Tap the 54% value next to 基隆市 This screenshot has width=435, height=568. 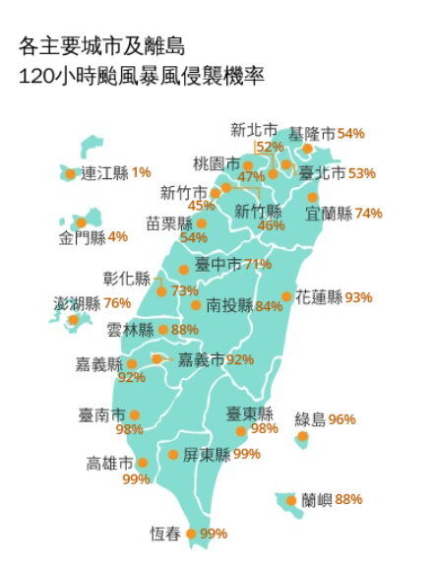(x=351, y=133)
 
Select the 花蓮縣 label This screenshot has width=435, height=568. (x=318, y=296)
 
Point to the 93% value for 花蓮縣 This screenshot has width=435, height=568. (x=358, y=296)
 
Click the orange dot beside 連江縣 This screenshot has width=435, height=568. (x=70, y=174)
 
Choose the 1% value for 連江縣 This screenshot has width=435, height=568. (x=141, y=173)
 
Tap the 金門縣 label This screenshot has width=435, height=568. (x=81, y=237)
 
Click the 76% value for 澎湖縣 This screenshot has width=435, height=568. (x=117, y=303)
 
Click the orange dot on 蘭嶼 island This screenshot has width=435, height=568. (x=291, y=501)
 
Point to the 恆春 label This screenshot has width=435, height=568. (x=164, y=535)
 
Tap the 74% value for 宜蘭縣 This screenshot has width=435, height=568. (x=369, y=213)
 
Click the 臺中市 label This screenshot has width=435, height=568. (x=218, y=264)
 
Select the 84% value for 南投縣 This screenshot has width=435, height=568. (x=269, y=306)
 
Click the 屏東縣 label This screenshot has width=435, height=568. (x=206, y=455)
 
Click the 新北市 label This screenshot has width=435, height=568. (x=254, y=129)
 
